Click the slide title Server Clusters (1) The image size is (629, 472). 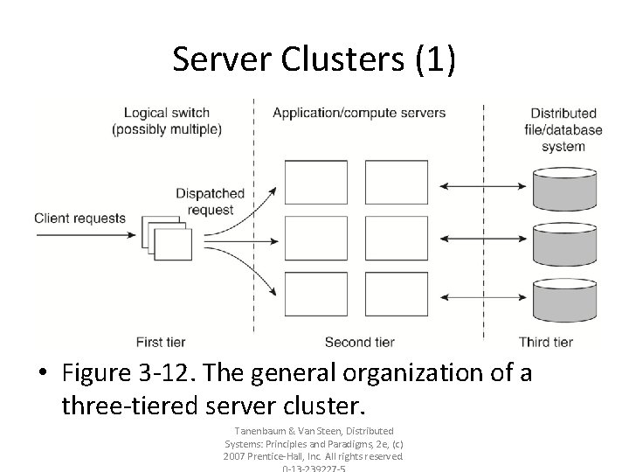(x=314, y=59)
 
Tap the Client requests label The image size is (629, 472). (x=79, y=219)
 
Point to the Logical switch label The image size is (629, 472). (x=166, y=121)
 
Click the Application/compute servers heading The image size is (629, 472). (x=358, y=113)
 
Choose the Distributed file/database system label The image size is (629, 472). (x=563, y=129)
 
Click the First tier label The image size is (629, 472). (x=161, y=341)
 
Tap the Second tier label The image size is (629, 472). (x=359, y=341)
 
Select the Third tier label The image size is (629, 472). (x=545, y=341)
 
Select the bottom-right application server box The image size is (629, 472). (x=397, y=295)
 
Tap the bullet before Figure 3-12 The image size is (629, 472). (x=45, y=374)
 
